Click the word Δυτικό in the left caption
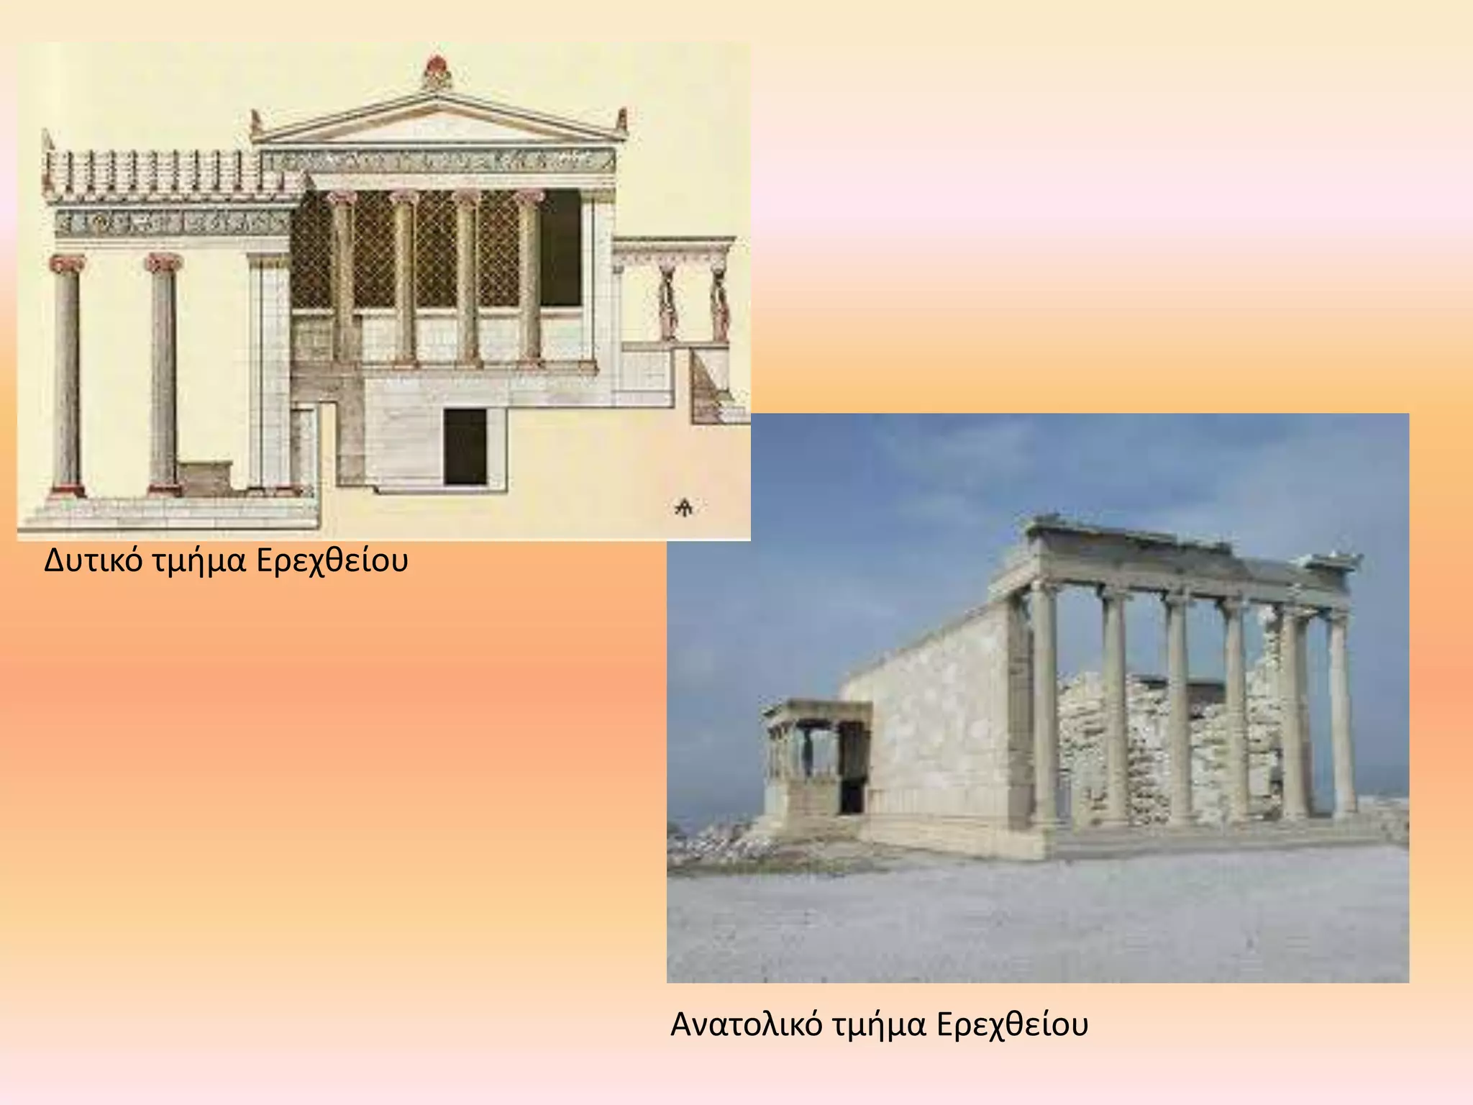coord(94,561)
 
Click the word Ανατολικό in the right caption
coord(746,1025)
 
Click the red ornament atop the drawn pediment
coord(435,71)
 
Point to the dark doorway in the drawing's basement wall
coord(465,446)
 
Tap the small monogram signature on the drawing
coord(683,508)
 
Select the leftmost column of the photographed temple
coord(1043,705)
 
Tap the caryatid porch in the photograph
coord(816,755)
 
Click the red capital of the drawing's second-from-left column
coord(164,263)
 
